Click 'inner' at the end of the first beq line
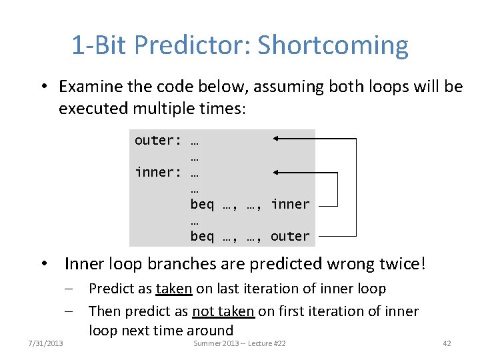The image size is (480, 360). coord(290,204)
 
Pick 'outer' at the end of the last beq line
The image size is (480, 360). coord(290,236)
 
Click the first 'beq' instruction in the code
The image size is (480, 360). coord(202,204)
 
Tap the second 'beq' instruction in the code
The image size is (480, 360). coord(202,236)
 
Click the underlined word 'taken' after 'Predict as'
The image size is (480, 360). coord(174,289)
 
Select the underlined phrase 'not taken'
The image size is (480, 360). coord(223,311)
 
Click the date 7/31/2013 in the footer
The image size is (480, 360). coord(46,343)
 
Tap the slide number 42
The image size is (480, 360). coord(447,343)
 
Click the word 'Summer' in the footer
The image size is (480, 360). coord(205,343)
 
